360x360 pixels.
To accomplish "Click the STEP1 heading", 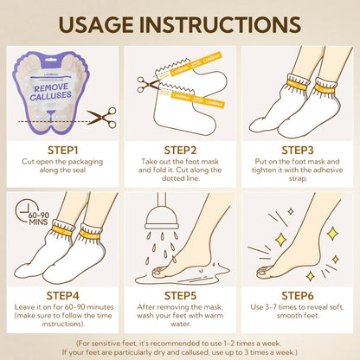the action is click(62, 151).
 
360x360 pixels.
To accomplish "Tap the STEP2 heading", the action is click(180, 151).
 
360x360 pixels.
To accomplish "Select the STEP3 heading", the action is click(298, 151).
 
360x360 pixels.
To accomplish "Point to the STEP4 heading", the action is click(62, 296).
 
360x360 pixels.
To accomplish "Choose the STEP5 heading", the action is click(180, 296).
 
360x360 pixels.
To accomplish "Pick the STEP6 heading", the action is click(298, 296).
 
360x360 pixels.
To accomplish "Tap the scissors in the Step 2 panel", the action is click(147, 84).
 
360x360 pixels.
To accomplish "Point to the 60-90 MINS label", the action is click(39, 219).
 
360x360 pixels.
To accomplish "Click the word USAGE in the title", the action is click(96, 24).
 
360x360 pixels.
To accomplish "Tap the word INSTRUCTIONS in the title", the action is click(221, 24).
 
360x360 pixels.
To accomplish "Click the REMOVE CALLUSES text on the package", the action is click(51, 92).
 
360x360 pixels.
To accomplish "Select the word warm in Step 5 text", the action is click(213, 315).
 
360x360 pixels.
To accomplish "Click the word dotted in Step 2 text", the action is click(172, 178).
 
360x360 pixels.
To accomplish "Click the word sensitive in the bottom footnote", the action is click(119, 344).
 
